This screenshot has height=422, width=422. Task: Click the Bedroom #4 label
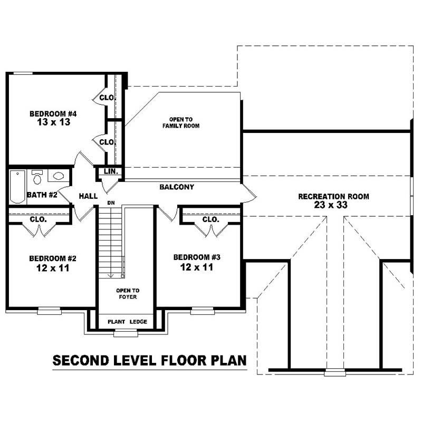click(53, 113)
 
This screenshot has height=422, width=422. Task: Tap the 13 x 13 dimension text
click(53, 122)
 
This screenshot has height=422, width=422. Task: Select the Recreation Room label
click(333, 196)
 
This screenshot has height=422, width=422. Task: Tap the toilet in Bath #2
click(37, 177)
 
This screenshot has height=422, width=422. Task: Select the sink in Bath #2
click(58, 176)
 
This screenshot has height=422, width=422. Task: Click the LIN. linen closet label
click(111, 172)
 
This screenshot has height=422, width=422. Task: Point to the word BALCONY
click(177, 187)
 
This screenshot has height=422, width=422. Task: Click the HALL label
click(88, 196)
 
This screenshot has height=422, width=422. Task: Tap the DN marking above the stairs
click(111, 203)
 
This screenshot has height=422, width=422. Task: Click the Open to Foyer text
click(128, 293)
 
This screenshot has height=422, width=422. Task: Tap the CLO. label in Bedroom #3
click(210, 219)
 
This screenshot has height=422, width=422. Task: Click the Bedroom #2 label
click(53, 258)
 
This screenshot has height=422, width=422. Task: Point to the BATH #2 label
click(42, 195)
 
